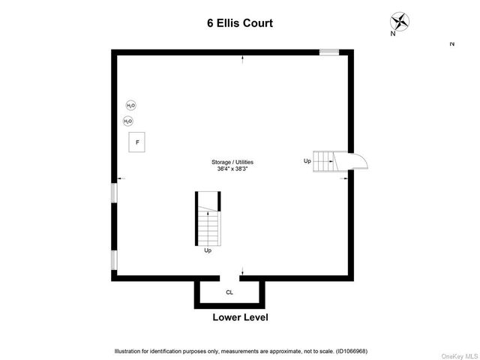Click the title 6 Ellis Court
[240, 23]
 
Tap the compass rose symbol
[400, 22]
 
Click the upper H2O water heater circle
[131, 106]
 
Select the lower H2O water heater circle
[128, 121]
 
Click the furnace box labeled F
[136, 142]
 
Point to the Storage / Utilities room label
[232, 162]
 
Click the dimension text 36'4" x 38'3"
[232, 169]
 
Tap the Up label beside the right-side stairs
[307, 161]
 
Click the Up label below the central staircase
[208, 250]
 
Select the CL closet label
[229, 292]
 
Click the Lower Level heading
[240, 317]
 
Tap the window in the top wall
[329, 52]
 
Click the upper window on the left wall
[114, 193]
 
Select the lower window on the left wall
[114, 260]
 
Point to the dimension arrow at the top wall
[243, 60]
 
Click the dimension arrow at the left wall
[121, 178]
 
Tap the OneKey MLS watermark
[460, 356]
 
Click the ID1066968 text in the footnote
[352, 352]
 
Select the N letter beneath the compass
[393, 34]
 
